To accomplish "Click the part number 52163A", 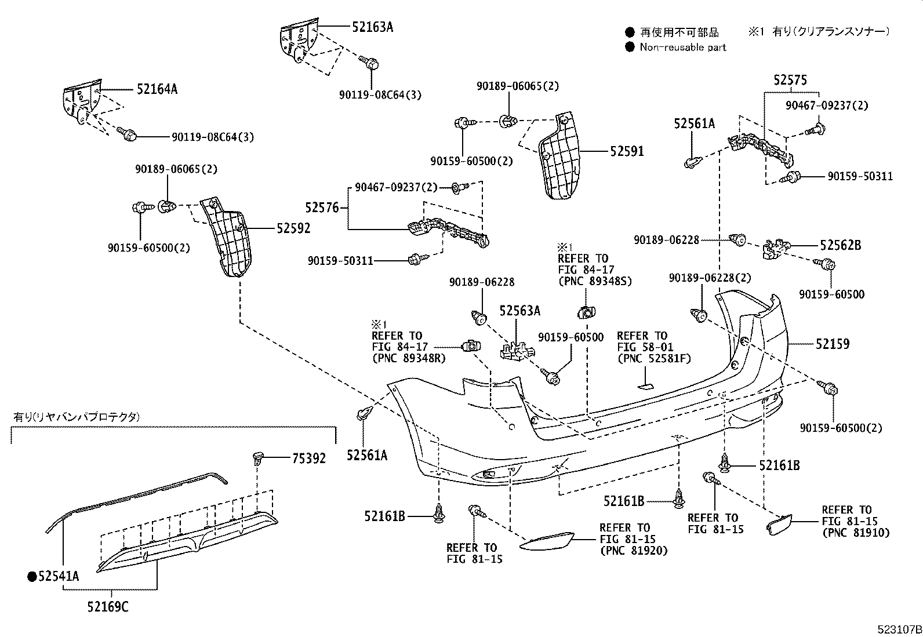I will coord(372,27).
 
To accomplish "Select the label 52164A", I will coord(157,89).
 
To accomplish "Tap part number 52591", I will coord(627,151).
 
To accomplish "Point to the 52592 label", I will coord(293,228).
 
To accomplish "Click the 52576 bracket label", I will coord(322,208).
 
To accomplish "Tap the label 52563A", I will coord(519,311).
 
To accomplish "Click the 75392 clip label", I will coord(308,458).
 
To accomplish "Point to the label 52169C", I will coord(108,607).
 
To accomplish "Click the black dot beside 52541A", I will coord(32,576).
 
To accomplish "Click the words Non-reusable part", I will coord(682,48).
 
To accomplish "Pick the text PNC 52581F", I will coord(652,359).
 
